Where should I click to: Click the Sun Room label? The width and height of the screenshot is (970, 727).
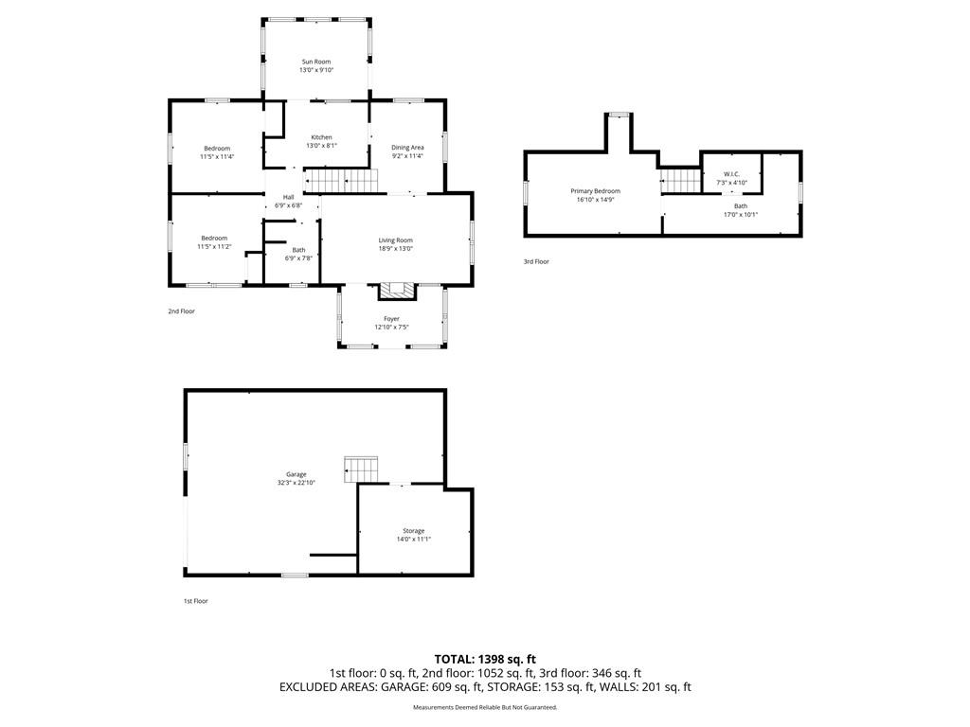tap(316, 62)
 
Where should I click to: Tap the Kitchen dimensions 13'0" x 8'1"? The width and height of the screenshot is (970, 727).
tap(321, 146)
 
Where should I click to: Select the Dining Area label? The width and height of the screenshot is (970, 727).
tap(407, 148)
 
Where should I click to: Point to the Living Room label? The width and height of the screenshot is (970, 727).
tap(395, 240)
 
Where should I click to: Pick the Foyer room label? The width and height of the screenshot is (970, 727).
tap(391, 319)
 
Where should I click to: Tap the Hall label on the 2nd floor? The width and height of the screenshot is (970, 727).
tap(288, 197)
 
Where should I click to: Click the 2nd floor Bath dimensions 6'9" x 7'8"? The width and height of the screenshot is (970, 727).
tap(298, 258)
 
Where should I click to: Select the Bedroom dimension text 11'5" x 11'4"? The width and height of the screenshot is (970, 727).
tap(217, 157)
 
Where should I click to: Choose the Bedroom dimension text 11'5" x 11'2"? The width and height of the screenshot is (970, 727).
tap(214, 247)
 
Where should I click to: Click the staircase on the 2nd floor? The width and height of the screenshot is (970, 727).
tap(340, 181)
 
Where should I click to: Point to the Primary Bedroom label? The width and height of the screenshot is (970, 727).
tap(595, 191)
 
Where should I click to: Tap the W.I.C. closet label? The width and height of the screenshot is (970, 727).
tap(732, 174)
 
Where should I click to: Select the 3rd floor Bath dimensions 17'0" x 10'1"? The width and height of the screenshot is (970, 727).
tap(741, 215)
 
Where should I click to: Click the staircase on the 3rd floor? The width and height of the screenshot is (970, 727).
tap(681, 181)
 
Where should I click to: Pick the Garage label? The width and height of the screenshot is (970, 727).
tap(296, 475)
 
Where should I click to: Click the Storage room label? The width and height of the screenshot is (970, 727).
tap(414, 531)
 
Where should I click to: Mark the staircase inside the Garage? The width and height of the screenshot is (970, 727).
tap(361, 470)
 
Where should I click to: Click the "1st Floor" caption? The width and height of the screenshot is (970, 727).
tap(195, 601)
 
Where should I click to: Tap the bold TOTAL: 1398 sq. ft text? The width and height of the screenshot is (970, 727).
tap(485, 659)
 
